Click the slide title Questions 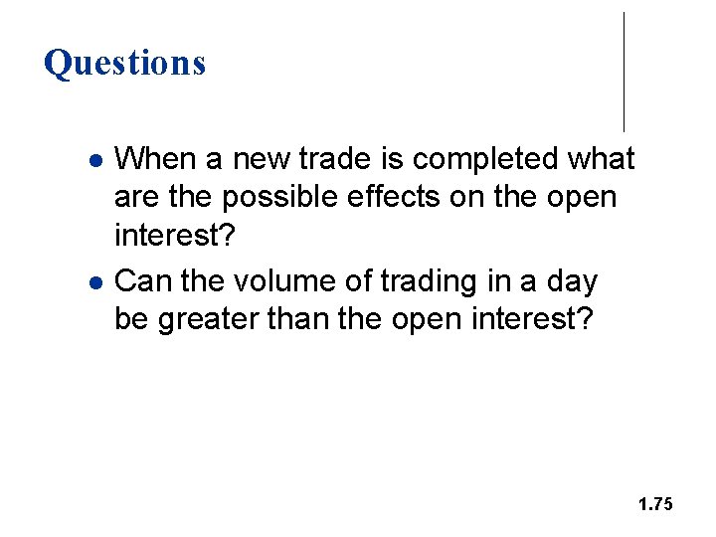(x=124, y=63)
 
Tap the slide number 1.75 (x=655, y=505)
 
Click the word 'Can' (x=142, y=281)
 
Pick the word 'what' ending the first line (x=601, y=159)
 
